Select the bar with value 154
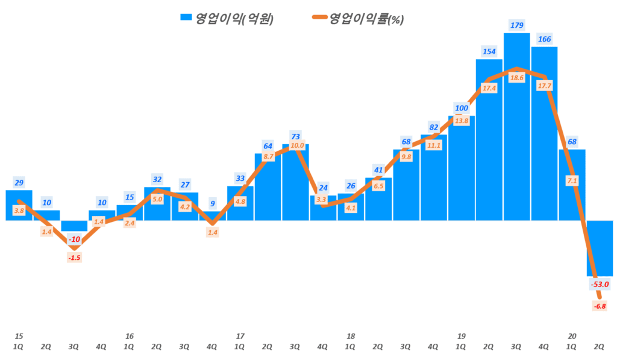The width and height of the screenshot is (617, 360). [489, 151]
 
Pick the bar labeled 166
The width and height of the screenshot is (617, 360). [544, 151]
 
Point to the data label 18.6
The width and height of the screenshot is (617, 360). [516, 78]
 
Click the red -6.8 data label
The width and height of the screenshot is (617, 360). [600, 306]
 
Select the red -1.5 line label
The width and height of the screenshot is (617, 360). [74, 258]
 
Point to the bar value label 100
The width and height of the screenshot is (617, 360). [461, 109]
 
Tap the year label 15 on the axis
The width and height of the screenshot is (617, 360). [19, 336]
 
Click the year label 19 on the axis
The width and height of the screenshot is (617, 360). [461, 336]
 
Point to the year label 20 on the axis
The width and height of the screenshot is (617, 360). [572, 336]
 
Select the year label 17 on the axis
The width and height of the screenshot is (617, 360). [240, 336]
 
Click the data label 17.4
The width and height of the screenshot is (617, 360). [489, 88]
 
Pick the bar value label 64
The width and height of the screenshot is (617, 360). [268, 145]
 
